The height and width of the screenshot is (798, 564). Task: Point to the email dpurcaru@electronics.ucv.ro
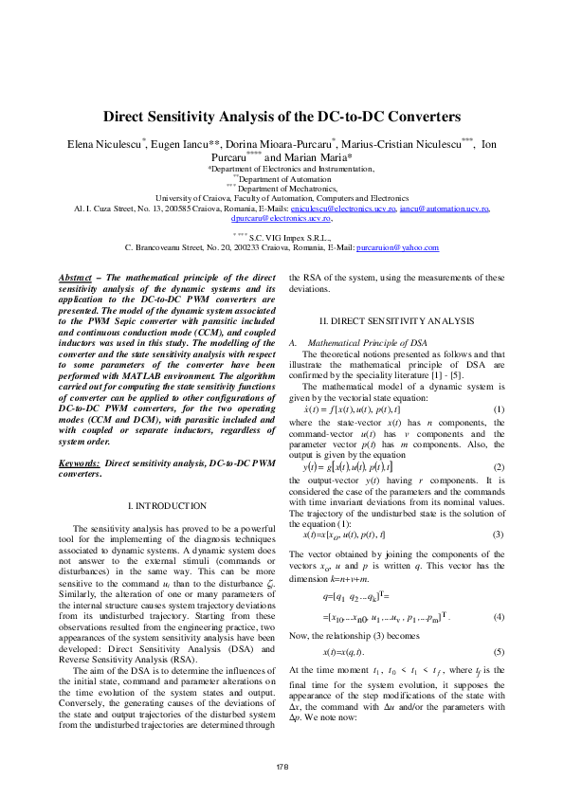pyautogui.click(x=281, y=217)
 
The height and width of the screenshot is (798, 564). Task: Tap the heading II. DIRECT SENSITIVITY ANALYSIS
pyautogui.click(x=396, y=322)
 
